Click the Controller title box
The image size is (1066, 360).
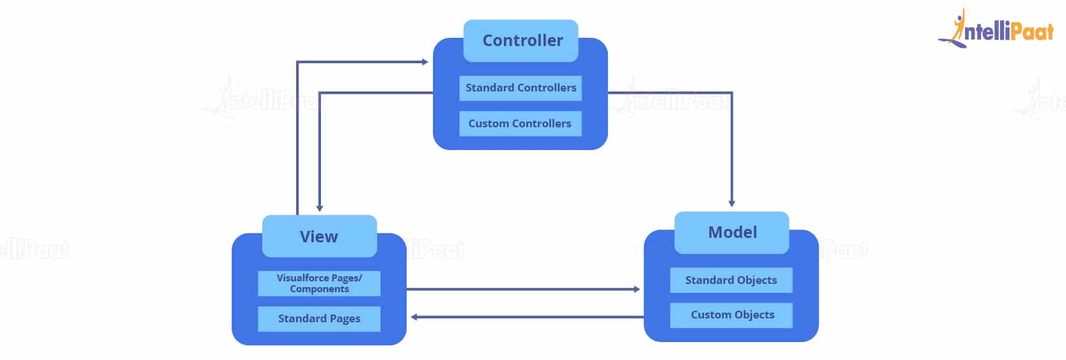pyautogui.click(x=521, y=41)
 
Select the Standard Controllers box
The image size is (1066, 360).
pyautogui.click(x=520, y=88)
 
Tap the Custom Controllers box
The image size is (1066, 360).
pyautogui.click(x=520, y=123)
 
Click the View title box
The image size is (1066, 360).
pyautogui.click(x=319, y=237)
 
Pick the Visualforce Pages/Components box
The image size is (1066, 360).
pyautogui.click(x=319, y=283)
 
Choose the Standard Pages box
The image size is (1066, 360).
pyautogui.click(x=319, y=318)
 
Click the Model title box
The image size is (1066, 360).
pyautogui.click(x=732, y=233)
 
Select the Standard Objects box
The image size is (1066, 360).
pyautogui.click(x=731, y=280)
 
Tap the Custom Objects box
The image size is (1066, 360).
pyautogui.click(x=731, y=315)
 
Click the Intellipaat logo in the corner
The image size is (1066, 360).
pyautogui.click(x=996, y=29)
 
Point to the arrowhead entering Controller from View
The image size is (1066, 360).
pyautogui.click(x=425, y=62)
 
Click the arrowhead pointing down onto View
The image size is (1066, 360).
pyautogui.click(x=320, y=208)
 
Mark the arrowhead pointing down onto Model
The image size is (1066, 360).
pyautogui.click(x=732, y=203)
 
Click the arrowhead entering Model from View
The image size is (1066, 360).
pyautogui.click(x=637, y=289)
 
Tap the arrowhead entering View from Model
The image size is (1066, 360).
pyautogui.click(x=414, y=317)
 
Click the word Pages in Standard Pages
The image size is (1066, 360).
pyautogui.click(x=345, y=319)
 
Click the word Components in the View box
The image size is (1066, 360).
pyautogui.click(x=319, y=289)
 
